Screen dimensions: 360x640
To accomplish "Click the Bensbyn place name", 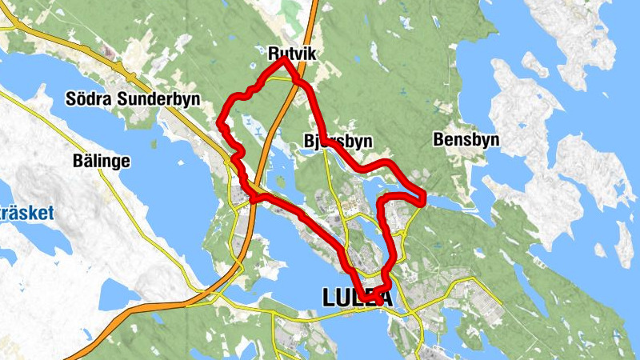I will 466,140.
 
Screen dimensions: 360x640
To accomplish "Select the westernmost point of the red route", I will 221,122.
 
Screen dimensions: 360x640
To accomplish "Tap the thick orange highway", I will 247,240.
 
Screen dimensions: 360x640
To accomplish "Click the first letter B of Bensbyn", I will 438,140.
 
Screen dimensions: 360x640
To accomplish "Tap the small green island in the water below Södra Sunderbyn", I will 156,144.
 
